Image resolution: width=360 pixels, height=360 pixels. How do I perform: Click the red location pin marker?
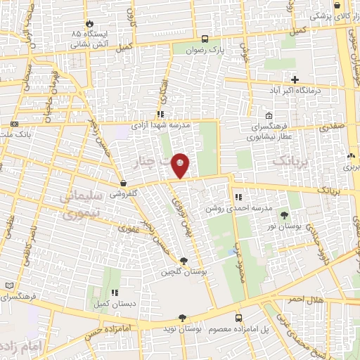181,165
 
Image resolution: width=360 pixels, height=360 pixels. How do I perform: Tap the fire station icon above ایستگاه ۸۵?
89,22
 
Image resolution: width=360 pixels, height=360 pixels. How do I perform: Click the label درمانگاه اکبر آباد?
296,90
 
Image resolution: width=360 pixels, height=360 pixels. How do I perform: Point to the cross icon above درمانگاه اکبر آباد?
295,79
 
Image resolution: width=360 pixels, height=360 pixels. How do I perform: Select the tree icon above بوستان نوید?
182,318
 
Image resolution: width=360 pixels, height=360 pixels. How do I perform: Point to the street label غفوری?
130,228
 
